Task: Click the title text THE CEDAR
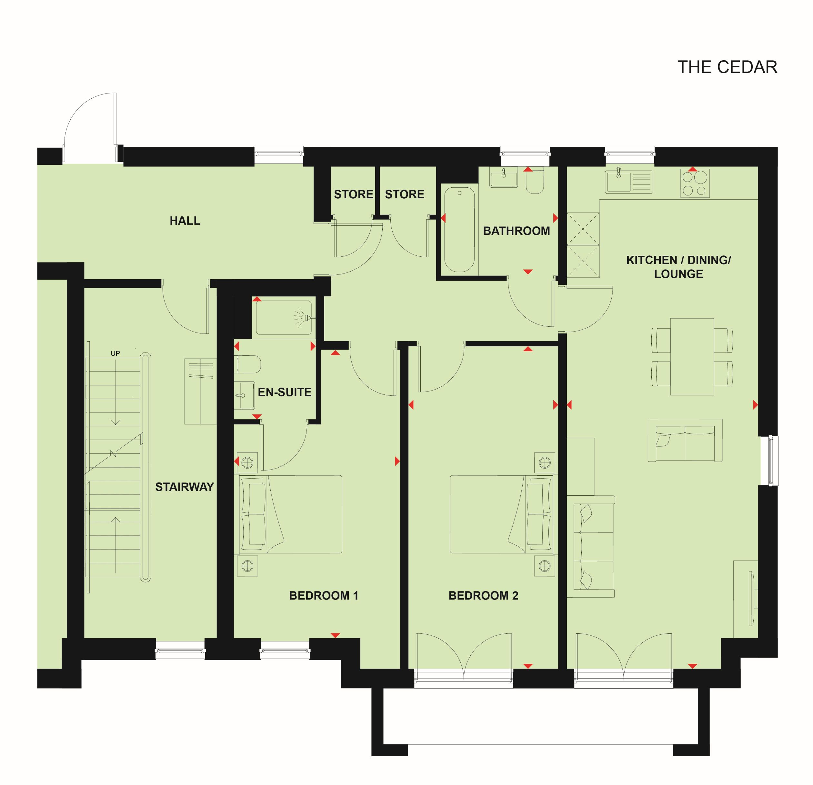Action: tap(727, 67)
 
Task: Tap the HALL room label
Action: tap(185, 221)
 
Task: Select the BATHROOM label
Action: tap(517, 231)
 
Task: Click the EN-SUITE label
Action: tap(285, 392)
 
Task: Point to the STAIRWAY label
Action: tap(185, 487)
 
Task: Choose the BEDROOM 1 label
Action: tap(324, 596)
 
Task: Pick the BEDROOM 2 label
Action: tap(483, 596)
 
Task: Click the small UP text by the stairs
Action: tap(115, 353)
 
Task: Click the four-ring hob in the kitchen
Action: tap(695, 183)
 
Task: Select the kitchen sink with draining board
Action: tap(629, 182)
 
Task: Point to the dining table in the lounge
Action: tap(692, 357)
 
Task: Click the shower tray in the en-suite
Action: tap(284, 318)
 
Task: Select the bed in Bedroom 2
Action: tap(501, 514)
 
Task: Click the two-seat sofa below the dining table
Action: tap(685, 441)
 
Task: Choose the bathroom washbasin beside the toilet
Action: tap(504, 178)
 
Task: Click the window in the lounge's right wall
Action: tap(770, 461)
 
